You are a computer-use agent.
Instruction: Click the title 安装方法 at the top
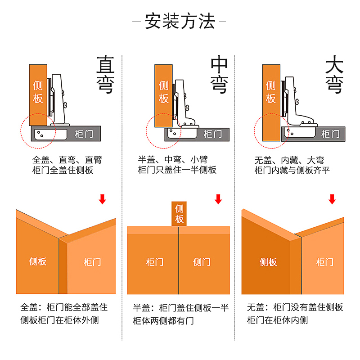(180, 21)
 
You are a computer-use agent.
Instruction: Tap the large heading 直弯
(105, 75)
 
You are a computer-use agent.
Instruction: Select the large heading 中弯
(219, 75)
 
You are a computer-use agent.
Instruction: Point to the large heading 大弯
(334, 75)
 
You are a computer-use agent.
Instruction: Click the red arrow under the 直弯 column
(103, 199)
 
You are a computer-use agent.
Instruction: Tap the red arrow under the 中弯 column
(218, 199)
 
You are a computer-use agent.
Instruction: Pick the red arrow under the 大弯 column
(332, 199)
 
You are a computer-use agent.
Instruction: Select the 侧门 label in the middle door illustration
(202, 262)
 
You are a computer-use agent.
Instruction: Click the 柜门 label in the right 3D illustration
(324, 262)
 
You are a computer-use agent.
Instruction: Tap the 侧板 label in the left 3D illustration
(38, 261)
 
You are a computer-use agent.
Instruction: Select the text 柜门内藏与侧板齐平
(292, 170)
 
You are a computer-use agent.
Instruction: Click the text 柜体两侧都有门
(163, 320)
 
